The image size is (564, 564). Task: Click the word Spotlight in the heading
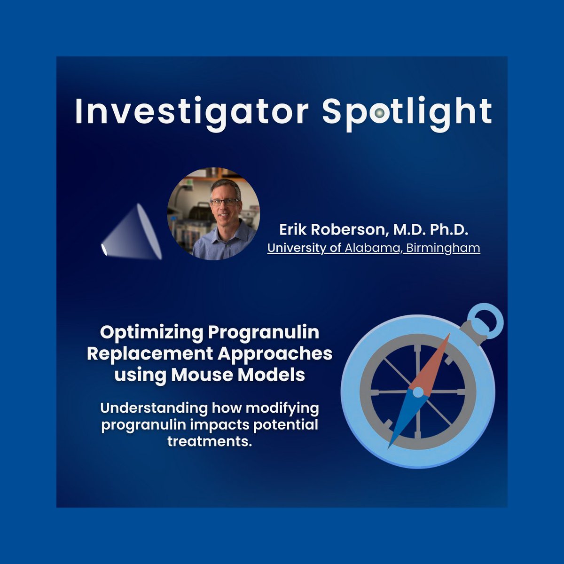pos(407,112)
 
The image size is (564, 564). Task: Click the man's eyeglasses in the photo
pos(224,202)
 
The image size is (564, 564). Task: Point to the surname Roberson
pos(350,230)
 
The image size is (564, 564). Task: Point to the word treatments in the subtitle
pos(207,441)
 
